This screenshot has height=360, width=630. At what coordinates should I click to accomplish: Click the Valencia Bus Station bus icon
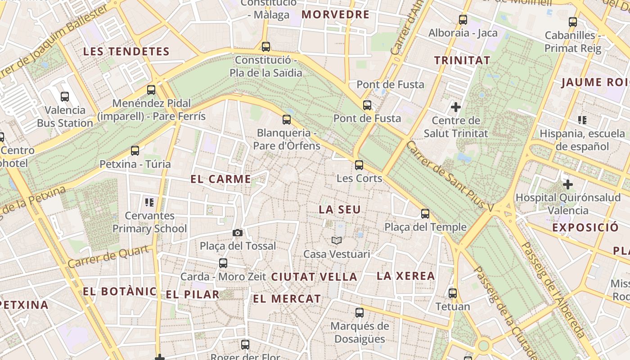(x=65, y=96)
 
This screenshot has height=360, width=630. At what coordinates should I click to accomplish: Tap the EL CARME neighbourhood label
(x=220, y=179)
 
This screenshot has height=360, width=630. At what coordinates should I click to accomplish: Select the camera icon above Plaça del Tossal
(x=238, y=233)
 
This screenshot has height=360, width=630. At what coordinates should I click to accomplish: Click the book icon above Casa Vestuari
(x=337, y=240)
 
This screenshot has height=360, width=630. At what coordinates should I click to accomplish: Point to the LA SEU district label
(x=340, y=210)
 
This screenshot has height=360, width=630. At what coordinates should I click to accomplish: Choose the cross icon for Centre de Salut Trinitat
(x=456, y=107)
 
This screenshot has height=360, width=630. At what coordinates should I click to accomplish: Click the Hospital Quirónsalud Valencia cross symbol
(x=567, y=184)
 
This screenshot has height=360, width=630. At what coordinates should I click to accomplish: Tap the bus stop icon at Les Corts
(x=359, y=165)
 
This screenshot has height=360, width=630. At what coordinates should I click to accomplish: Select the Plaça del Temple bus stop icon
(x=425, y=214)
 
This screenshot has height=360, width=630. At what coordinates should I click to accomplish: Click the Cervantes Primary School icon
(x=149, y=202)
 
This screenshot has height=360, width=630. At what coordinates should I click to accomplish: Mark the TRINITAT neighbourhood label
(x=462, y=60)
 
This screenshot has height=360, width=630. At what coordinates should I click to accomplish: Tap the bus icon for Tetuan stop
(x=453, y=293)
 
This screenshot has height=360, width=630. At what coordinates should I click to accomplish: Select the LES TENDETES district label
(x=126, y=51)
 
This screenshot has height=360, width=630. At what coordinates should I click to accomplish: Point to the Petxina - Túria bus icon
(x=135, y=151)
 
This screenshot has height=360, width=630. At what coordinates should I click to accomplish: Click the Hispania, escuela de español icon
(x=582, y=120)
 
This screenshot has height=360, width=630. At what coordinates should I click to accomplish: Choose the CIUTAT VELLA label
(x=314, y=277)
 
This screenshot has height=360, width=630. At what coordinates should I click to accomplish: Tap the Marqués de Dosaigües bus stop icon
(x=359, y=312)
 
